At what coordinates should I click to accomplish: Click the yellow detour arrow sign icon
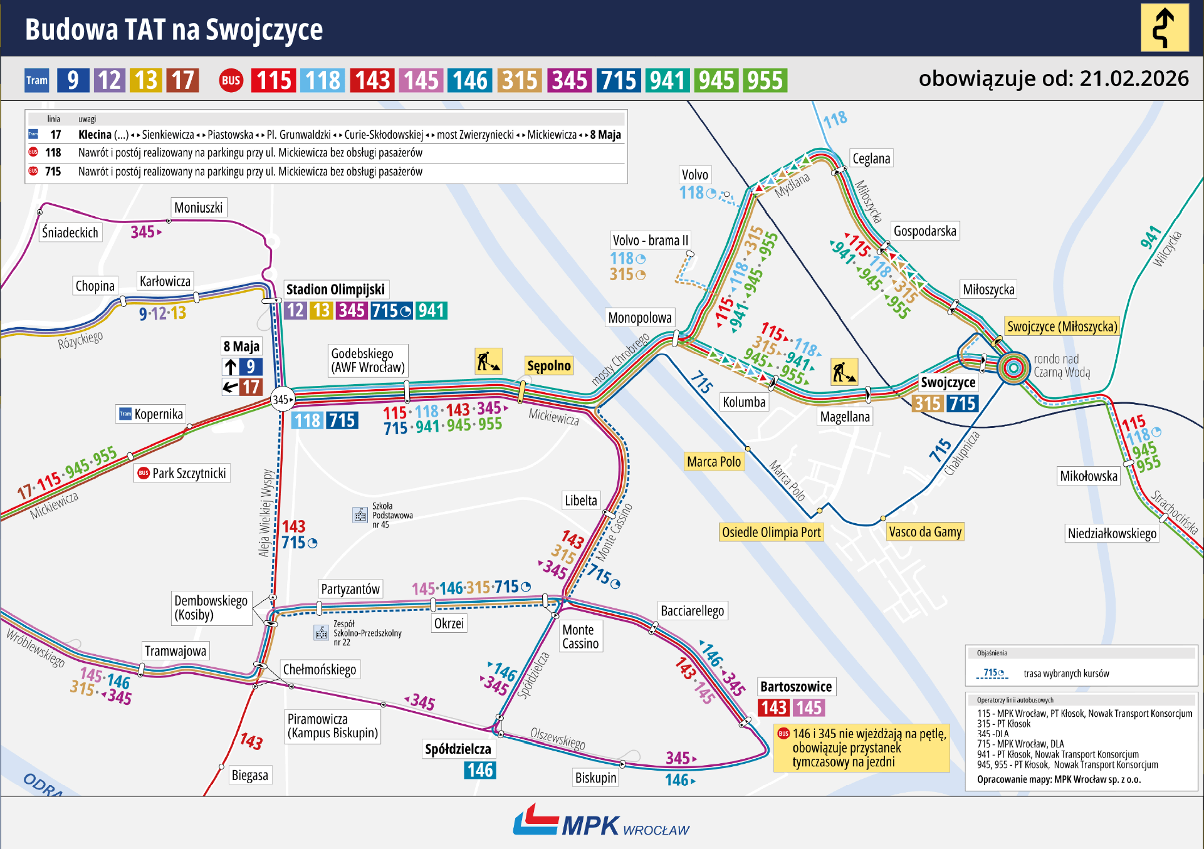pos(1164,28)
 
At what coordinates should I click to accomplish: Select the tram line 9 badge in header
pos(73,80)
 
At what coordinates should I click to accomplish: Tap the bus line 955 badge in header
pos(765,80)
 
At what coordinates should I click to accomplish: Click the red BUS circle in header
pos(231,80)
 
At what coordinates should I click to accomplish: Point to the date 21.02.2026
pos(1134,78)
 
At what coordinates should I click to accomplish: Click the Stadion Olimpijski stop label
pos(335,289)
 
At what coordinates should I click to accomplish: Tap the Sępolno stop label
pos(549,365)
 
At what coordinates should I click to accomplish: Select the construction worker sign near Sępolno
pos(488,361)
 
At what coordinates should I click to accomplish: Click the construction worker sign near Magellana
pos(844,372)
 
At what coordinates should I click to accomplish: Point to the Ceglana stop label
pos(871,159)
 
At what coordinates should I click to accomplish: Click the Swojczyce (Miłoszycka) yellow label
pos(1062,326)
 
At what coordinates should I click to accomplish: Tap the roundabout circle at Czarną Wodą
pos(1013,367)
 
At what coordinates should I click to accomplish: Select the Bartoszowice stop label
pos(796,687)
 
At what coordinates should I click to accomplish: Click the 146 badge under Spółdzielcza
pos(480,770)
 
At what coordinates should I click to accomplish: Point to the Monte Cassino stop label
pos(580,636)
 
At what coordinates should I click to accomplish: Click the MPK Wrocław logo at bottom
pos(600,822)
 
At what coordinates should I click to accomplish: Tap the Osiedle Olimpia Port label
pos(771,532)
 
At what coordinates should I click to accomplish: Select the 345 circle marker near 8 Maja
pos(282,399)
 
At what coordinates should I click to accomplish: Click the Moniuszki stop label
pos(198,207)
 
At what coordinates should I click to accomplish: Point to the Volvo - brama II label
pos(650,240)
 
